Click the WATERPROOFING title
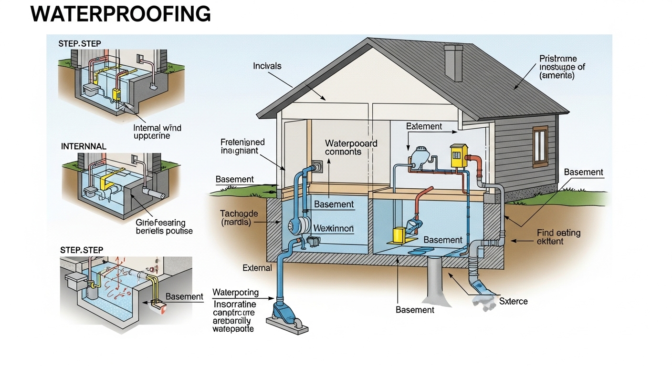click(120, 14)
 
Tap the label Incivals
click(267, 66)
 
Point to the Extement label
click(424, 126)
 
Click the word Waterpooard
click(351, 143)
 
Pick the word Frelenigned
click(242, 142)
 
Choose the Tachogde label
click(239, 213)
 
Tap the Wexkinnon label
click(334, 229)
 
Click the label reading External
click(257, 268)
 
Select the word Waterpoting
click(235, 292)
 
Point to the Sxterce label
click(514, 301)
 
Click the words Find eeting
click(558, 233)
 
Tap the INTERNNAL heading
click(84, 146)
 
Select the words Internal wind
click(157, 128)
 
